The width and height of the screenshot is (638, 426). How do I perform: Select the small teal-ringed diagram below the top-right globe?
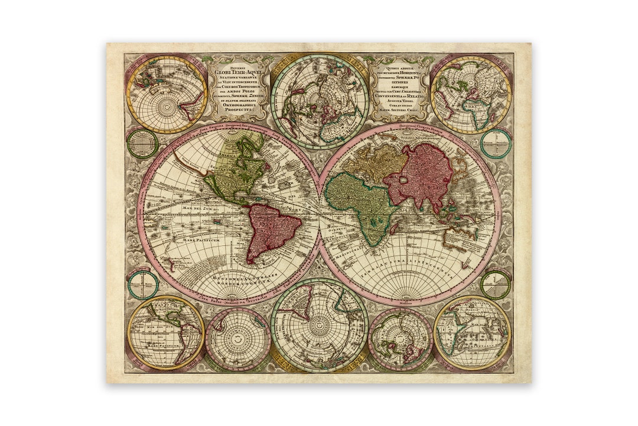click(x=495, y=143)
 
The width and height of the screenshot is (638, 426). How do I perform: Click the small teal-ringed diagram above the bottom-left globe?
click(x=142, y=282)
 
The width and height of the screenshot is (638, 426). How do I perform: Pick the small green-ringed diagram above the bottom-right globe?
click(x=495, y=283)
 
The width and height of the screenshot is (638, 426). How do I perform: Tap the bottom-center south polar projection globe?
click(x=318, y=325)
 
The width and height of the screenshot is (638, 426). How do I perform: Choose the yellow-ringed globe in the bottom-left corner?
click(x=166, y=333)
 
